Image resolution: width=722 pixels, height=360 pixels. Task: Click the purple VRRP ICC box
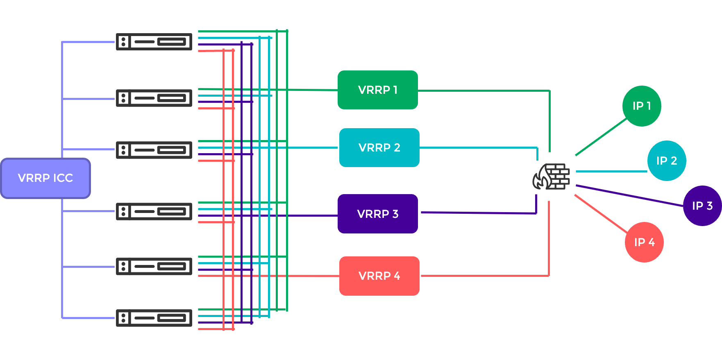tap(45, 178)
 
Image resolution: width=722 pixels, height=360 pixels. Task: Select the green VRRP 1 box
tap(377, 90)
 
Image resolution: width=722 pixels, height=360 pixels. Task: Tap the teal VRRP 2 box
tap(379, 147)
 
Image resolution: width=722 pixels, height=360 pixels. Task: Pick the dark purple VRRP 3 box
tap(377, 214)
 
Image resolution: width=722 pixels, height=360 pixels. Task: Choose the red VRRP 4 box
tap(379, 276)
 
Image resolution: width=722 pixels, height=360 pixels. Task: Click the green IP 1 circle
tap(641, 106)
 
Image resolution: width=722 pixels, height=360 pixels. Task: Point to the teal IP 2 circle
tap(666, 161)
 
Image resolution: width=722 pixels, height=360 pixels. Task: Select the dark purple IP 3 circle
tap(702, 206)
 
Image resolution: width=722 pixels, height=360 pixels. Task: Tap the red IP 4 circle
tap(644, 242)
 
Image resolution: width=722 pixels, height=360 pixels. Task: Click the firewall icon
tap(552, 177)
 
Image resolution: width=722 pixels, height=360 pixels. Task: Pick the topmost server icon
tap(154, 42)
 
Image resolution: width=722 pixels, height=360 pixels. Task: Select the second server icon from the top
tap(154, 98)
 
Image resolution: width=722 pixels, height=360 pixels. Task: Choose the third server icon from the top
tap(154, 150)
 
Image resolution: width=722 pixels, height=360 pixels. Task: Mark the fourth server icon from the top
tap(154, 211)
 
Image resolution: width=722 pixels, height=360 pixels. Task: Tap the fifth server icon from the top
tap(154, 267)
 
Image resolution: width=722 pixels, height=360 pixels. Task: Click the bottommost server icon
tap(154, 318)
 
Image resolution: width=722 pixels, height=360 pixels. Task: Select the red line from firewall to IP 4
tap(600, 213)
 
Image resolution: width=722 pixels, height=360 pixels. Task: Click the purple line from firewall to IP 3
tap(629, 195)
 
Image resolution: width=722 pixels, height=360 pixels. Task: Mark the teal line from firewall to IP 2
tap(611, 171)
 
